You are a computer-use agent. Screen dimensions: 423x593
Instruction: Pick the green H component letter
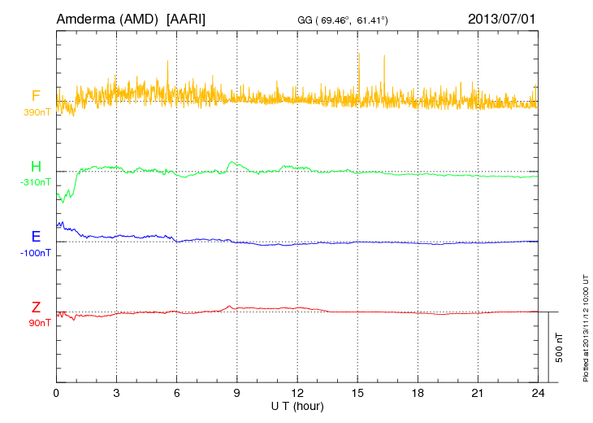click(36, 167)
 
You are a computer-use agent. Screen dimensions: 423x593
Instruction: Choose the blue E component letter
click(36, 237)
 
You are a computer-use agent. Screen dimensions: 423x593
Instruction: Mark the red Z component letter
click(36, 307)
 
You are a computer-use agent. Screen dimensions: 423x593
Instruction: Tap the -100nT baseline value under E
click(36, 253)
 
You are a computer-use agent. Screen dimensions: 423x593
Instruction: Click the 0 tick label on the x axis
click(56, 393)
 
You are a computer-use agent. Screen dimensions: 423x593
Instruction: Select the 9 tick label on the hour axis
click(237, 393)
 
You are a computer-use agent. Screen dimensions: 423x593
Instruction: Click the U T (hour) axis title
click(297, 406)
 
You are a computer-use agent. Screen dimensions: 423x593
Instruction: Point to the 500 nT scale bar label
click(559, 347)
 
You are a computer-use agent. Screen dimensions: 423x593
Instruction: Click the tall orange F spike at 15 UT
click(358, 65)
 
